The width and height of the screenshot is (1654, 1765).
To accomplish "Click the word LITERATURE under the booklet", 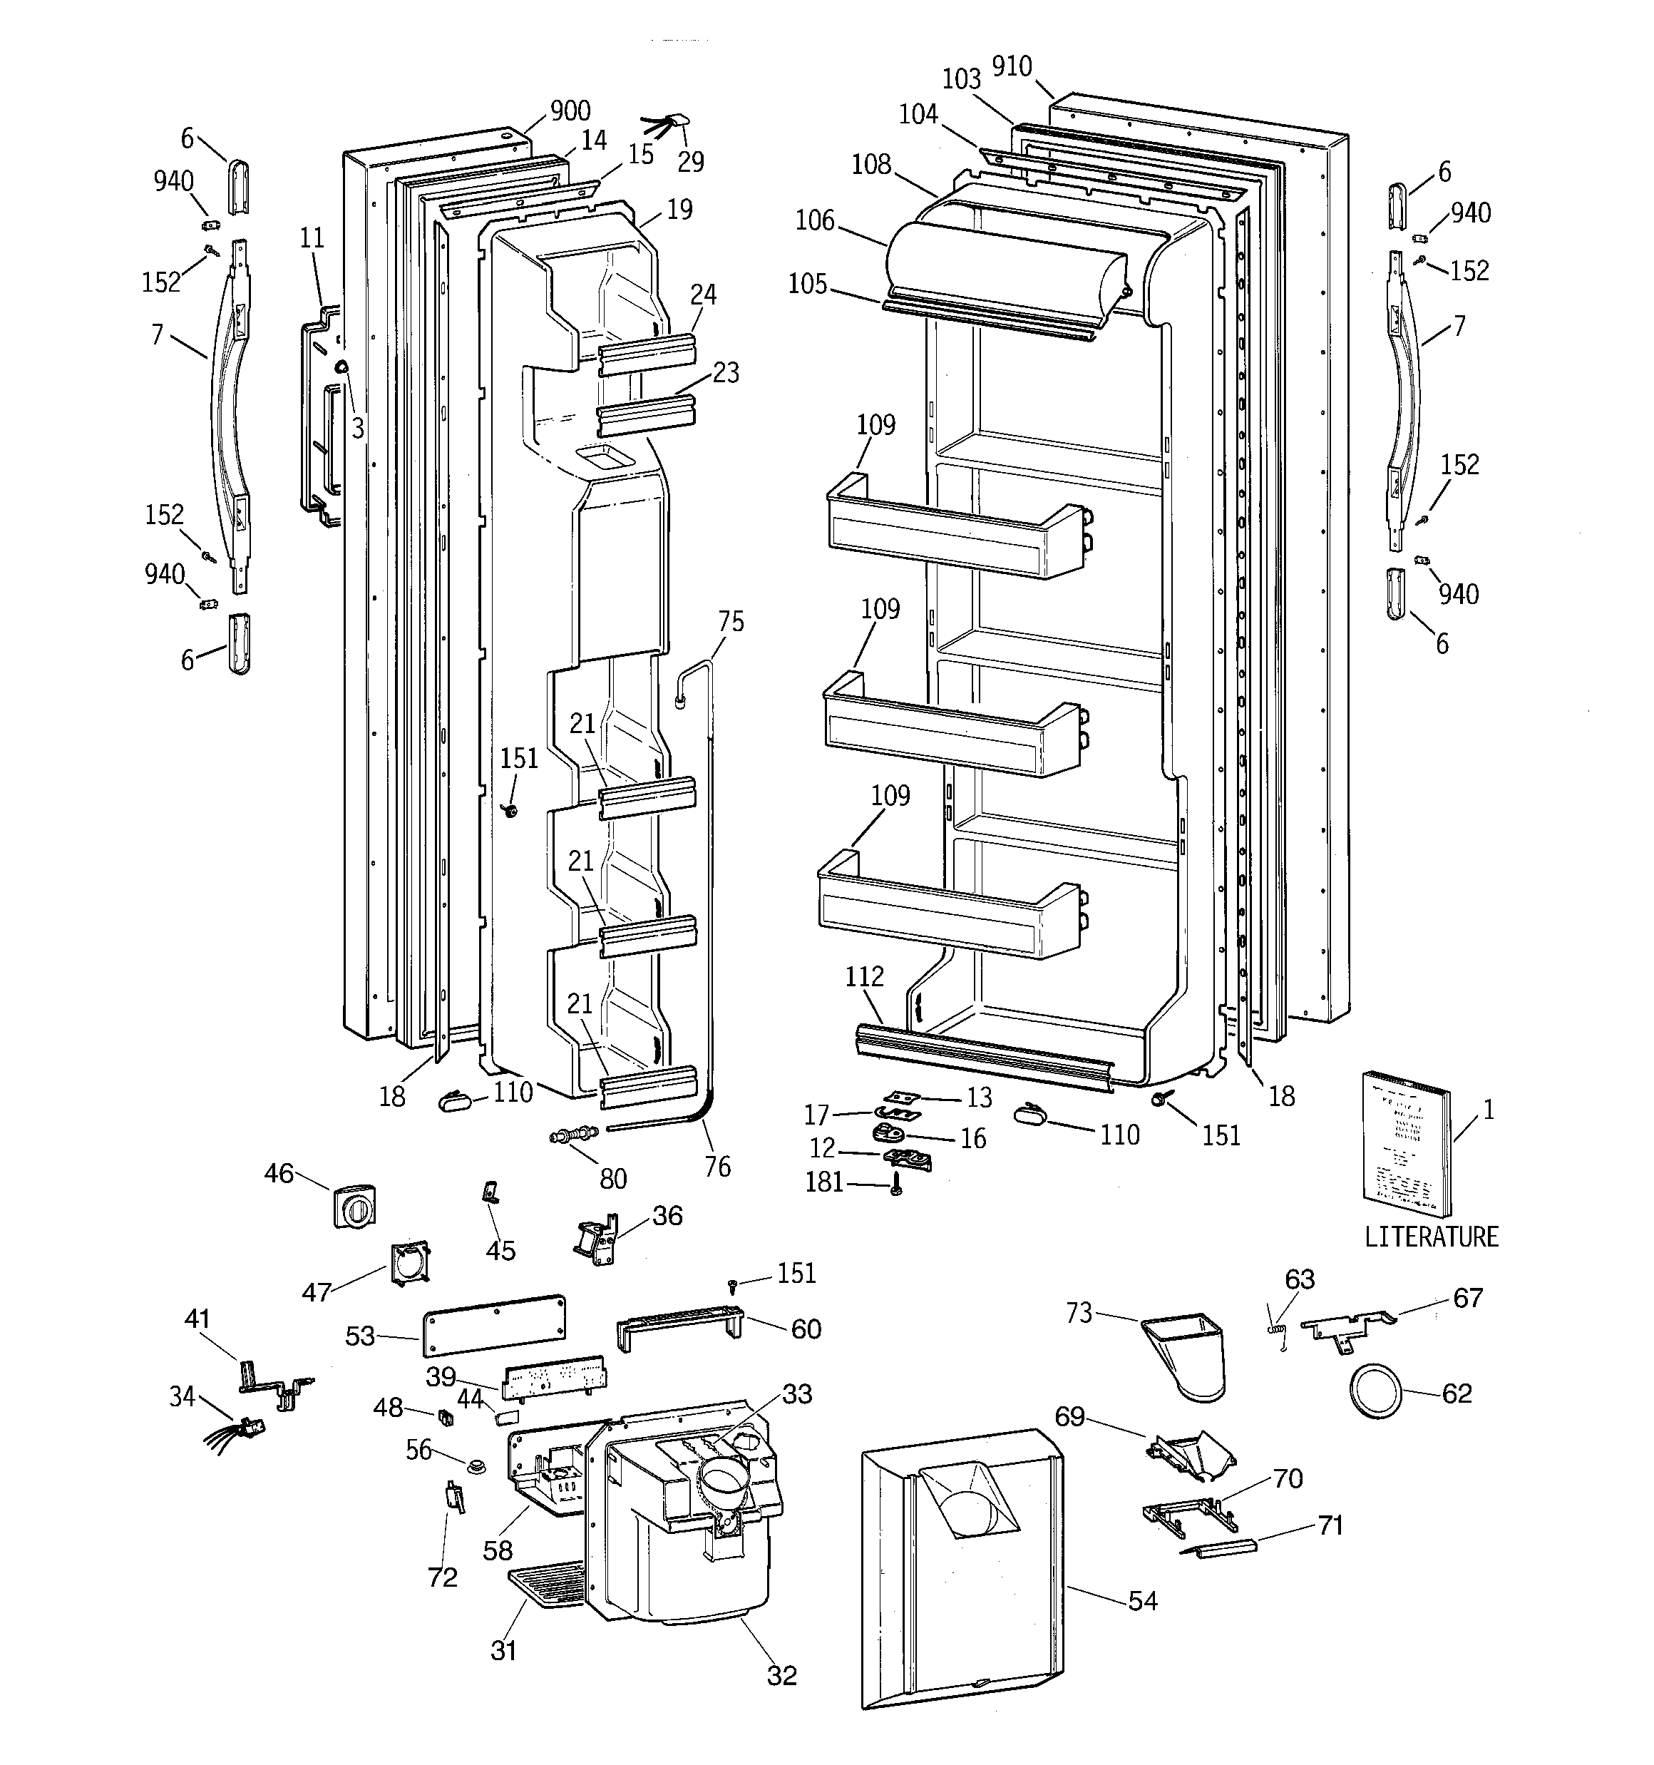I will point(1431,1236).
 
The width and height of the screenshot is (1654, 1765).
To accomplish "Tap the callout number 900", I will point(570,111).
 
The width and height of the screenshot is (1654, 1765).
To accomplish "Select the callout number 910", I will point(1011,66).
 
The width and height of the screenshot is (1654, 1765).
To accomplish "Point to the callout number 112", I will point(864,976).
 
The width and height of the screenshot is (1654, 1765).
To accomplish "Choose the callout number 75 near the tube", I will point(731,621).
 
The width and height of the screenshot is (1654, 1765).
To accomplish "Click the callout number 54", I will point(1143,1601).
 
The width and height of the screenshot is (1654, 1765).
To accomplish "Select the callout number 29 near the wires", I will point(690,162).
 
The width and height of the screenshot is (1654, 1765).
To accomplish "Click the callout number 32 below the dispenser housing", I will point(781,1675).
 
